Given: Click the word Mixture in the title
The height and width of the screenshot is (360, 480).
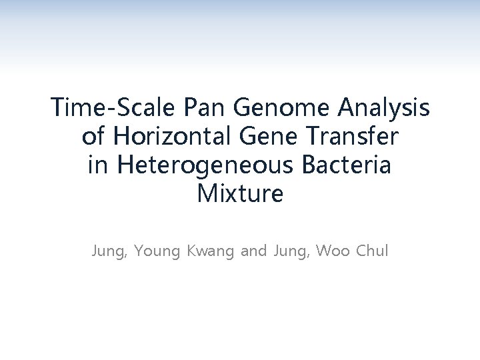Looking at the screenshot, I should pos(240,195).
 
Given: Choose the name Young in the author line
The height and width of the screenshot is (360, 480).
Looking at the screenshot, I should pos(155,253).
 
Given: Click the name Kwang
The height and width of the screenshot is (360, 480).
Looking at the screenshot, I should pos(207,253).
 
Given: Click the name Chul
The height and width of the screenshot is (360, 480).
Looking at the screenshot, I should pos(372,252).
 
